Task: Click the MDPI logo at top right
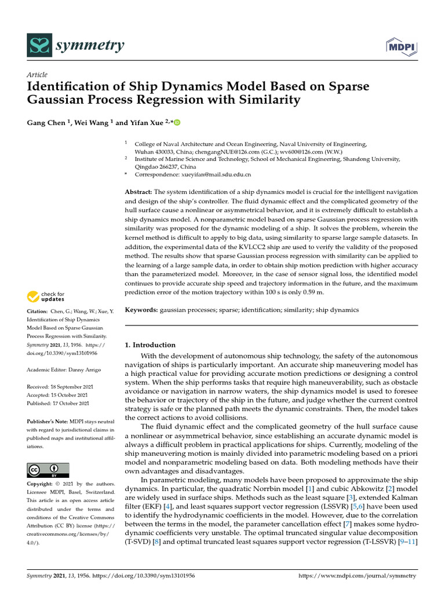point(402,45)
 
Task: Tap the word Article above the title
point(37,75)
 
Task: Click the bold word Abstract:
point(139,192)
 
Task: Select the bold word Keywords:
point(142,310)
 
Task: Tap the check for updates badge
point(46,297)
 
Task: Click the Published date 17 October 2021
point(70,403)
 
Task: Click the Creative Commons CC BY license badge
point(48,469)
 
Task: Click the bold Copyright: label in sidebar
point(42,484)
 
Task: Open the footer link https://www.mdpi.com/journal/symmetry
point(357,576)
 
